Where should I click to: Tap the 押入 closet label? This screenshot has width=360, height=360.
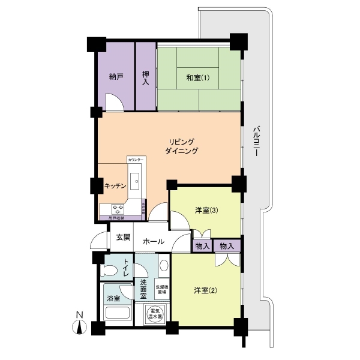pyautogui.click(x=145, y=78)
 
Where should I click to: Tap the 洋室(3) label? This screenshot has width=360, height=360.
pyautogui.click(x=206, y=210)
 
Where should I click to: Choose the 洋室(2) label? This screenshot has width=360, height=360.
pyautogui.click(x=205, y=291)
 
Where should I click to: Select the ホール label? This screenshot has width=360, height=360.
pyautogui.click(x=154, y=242)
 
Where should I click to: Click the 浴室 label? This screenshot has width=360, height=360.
pyautogui.click(x=113, y=298)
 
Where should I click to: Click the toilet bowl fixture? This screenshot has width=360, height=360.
pyautogui.click(x=110, y=268)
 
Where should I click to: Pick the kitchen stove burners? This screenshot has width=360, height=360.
pyautogui.click(x=118, y=208)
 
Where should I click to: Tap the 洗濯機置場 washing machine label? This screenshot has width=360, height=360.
pyautogui.click(x=163, y=289)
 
